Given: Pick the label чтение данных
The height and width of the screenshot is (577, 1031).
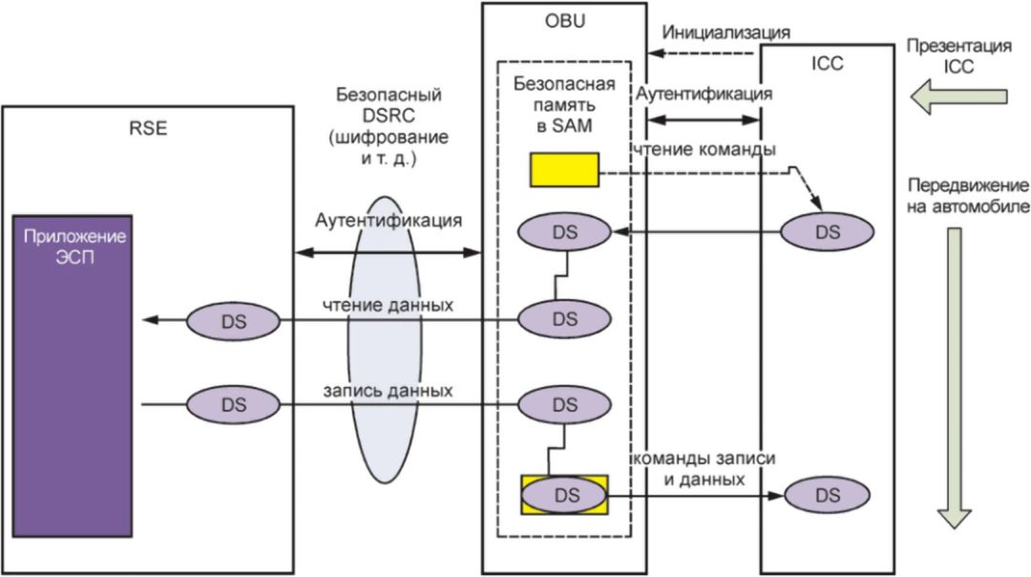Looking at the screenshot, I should tap(388, 305).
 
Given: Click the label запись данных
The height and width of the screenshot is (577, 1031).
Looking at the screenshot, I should tap(388, 391).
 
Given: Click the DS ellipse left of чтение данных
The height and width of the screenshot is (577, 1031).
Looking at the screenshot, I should tap(233, 321).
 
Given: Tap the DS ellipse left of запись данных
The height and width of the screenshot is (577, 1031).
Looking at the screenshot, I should tap(233, 405).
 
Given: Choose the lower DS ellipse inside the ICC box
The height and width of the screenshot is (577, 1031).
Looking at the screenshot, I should tap(827, 495).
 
